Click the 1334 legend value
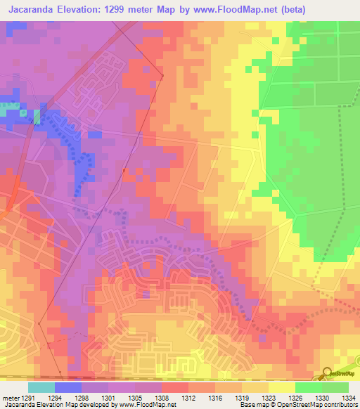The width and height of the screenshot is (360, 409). pyautogui.click(x=347, y=398)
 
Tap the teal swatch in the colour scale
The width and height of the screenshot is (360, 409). pyautogui.click(x=41, y=387)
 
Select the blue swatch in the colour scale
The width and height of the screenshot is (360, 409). pyautogui.click(x=67, y=387)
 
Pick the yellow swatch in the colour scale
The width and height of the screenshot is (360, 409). pyautogui.click(x=281, y=387)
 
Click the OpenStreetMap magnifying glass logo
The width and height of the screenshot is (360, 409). pyautogui.click(x=327, y=373)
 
